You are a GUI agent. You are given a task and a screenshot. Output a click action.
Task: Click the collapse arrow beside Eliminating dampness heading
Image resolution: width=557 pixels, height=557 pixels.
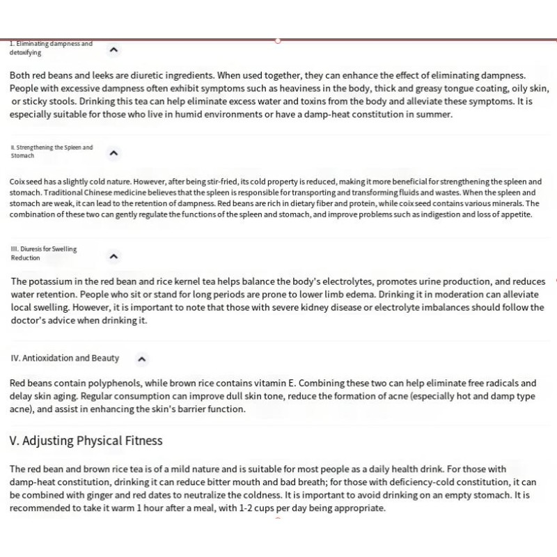click(x=114, y=49)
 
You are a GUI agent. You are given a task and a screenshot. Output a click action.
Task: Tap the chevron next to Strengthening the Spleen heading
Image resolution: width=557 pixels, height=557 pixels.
click(x=114, y=153)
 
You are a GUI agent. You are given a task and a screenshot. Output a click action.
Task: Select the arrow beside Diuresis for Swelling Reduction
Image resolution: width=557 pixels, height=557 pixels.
click(x=114, y=256)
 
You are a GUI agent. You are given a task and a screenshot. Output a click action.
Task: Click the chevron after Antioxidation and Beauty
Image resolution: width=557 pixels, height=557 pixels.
click(x=141, y=359)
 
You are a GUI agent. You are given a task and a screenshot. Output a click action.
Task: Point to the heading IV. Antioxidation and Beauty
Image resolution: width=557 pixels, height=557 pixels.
click(x=65, y=359)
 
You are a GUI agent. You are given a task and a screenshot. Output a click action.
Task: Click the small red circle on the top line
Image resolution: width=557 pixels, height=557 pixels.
click(x=277, y=40)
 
